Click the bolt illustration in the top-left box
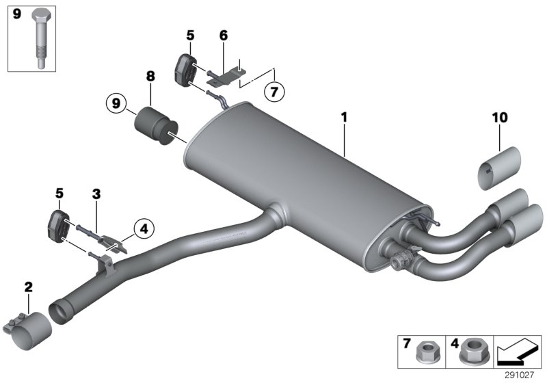[x=39, y=39]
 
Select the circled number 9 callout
[x=116, y=104]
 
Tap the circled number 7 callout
[x=273, y=90]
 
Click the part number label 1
[x=345, y=118]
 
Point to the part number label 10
[x=500, y=118]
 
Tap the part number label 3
[x=96, y=194]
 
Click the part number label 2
[x=28, y=287]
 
